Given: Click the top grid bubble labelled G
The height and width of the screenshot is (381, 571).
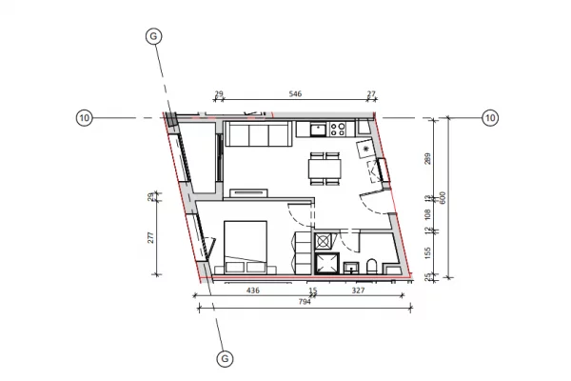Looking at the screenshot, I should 153,35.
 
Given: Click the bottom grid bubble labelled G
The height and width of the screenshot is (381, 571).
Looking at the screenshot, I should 225,359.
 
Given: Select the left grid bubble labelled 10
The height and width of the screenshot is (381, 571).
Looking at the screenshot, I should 84,118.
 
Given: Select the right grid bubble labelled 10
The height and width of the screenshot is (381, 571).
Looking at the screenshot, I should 490,118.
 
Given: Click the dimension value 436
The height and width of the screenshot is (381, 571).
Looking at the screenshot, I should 254,290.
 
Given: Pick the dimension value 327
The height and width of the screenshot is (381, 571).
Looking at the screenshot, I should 359,290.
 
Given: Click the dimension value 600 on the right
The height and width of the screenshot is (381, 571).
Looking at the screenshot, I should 442,196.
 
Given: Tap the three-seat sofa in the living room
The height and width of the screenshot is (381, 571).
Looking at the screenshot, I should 258,136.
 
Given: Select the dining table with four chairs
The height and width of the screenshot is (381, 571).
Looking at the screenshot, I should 324,168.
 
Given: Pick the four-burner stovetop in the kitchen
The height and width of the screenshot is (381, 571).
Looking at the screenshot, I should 338,128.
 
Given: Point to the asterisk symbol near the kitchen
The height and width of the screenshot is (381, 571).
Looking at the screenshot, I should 365,150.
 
